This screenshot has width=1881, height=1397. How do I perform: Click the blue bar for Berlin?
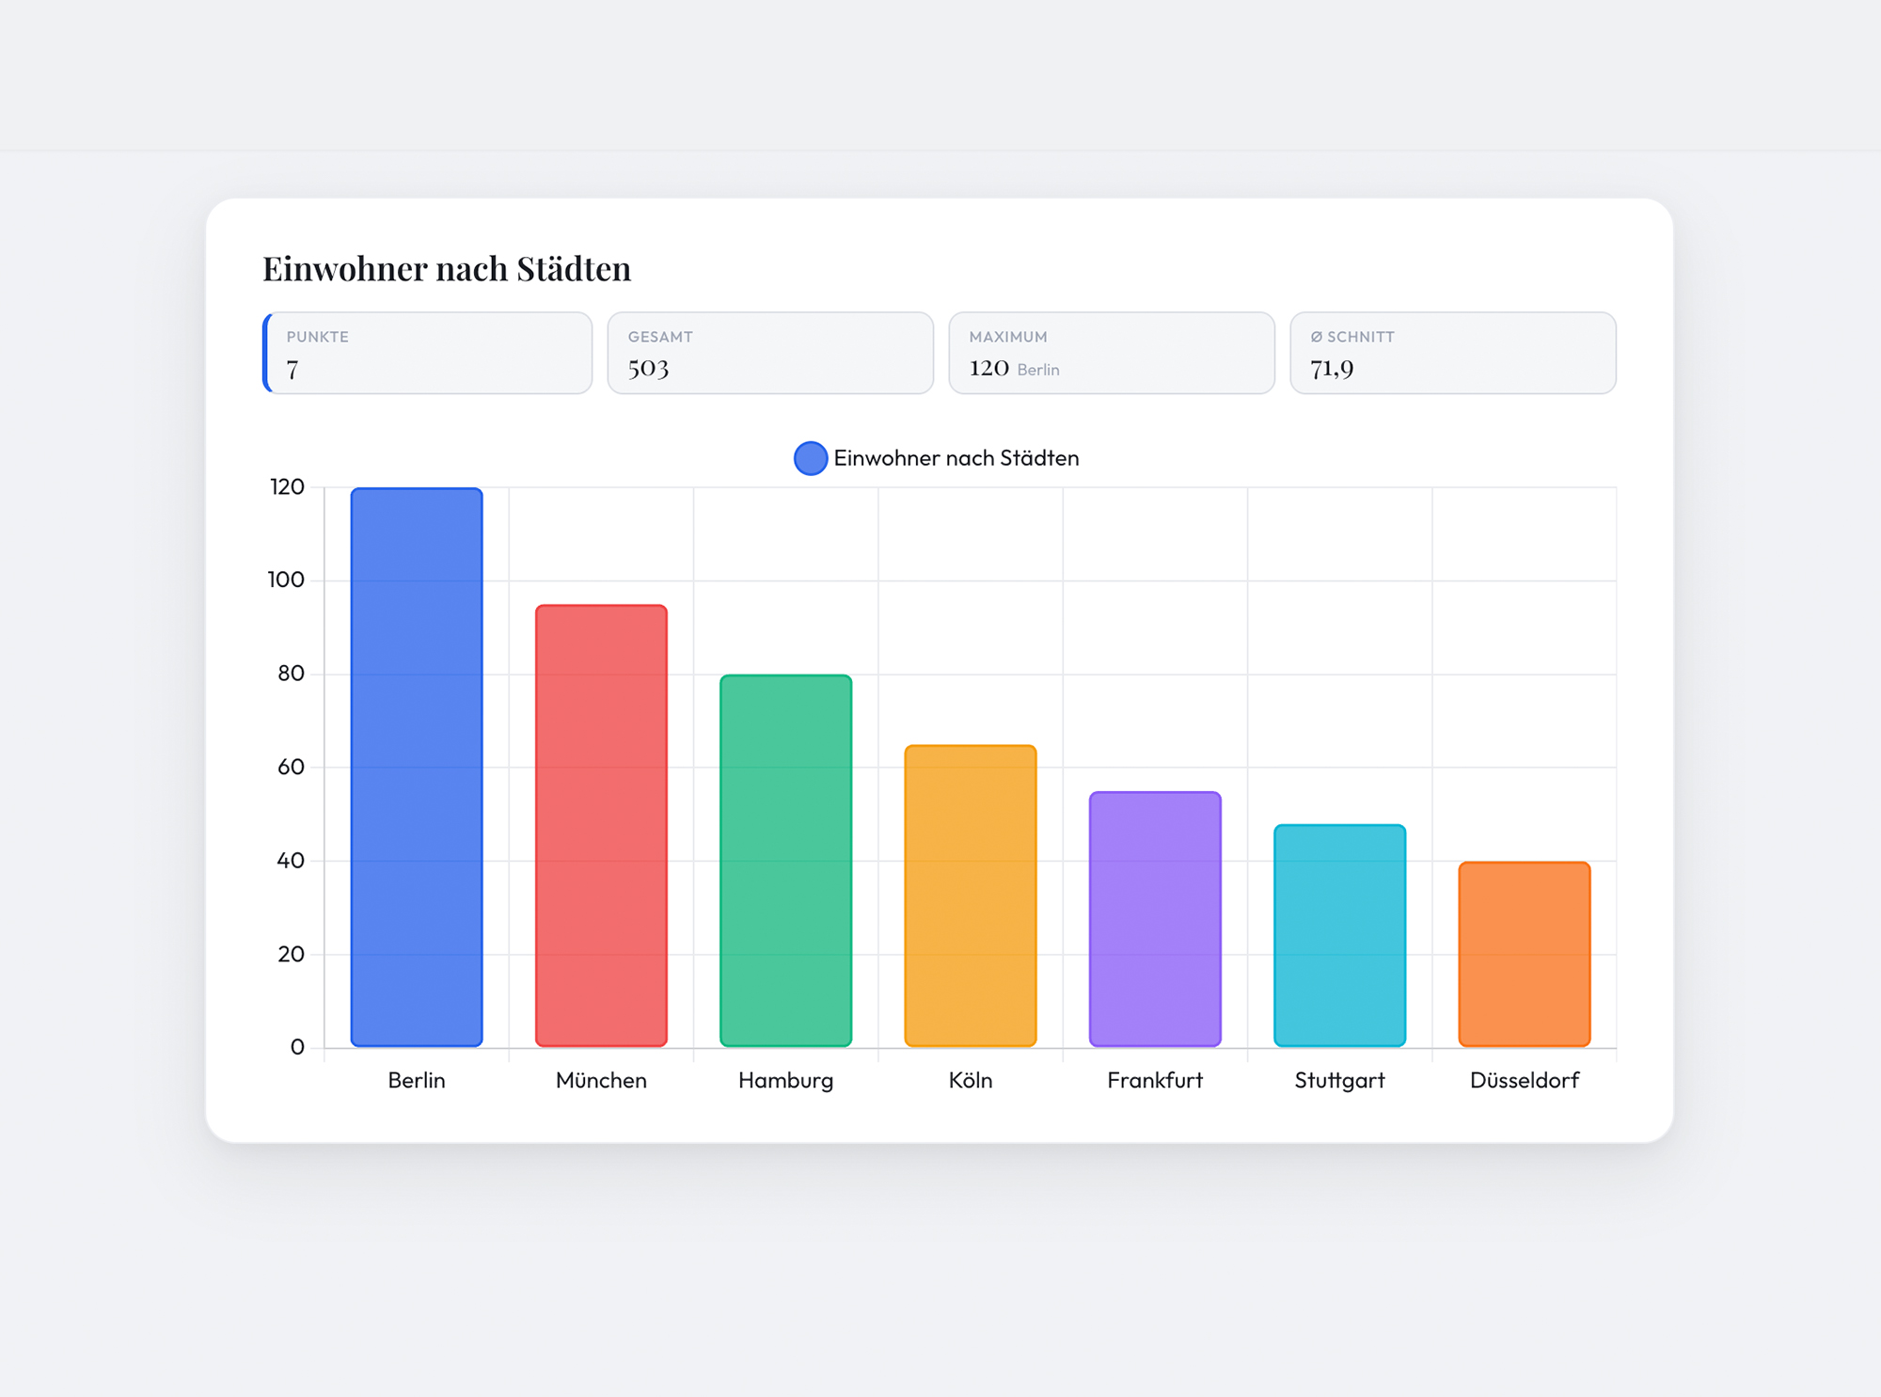pos(417,767)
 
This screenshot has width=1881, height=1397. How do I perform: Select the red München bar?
pos(601,825)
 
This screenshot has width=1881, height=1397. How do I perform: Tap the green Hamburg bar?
pos(785,860)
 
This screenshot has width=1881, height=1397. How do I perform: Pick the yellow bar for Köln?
pos(970,895)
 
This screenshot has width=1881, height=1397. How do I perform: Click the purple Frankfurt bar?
pos(1155,918)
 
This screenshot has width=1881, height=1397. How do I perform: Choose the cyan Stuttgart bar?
pos(1339,935)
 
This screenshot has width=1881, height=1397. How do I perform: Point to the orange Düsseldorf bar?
pos(1524,953)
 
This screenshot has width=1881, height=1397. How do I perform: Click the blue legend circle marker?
pos(810,458)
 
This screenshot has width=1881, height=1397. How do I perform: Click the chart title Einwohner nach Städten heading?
pos(447,269)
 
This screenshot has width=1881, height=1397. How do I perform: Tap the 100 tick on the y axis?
pos(286,579)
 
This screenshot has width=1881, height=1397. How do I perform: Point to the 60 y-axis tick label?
pos(291,767)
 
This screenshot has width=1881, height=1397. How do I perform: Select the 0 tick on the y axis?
pos(297,1047)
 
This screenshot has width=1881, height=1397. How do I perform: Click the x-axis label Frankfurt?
pos(1155,1080)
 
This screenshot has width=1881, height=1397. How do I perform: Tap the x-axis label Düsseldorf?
pos(1524,1080)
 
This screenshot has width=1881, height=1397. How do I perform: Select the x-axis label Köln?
pos(970,1080)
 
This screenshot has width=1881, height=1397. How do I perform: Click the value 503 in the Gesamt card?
pos(648,368)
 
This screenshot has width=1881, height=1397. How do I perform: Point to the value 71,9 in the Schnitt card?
pos(1332,368)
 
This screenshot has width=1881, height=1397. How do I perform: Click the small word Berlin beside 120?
pos(1038,370)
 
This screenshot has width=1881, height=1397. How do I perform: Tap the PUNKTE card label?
pos(318,337)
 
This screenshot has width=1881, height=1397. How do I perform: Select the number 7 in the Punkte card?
pos(292,370)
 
